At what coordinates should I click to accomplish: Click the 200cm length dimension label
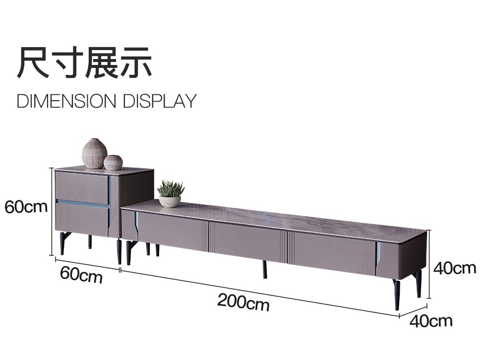(244, 302)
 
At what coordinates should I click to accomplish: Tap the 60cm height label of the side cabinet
(26, 207)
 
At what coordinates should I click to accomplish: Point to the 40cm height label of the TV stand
(455, 268)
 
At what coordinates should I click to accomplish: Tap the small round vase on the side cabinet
(113, 163)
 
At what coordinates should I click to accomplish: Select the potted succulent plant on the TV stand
(170, 193)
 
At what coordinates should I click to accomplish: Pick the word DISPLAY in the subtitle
(160, 101)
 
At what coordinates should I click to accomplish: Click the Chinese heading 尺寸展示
(84, 62)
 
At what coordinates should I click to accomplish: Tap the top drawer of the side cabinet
(82, 186)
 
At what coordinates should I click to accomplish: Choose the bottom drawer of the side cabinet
(82, 220)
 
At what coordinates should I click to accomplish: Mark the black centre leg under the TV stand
(265, 269)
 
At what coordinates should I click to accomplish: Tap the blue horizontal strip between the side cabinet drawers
(82, 202)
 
